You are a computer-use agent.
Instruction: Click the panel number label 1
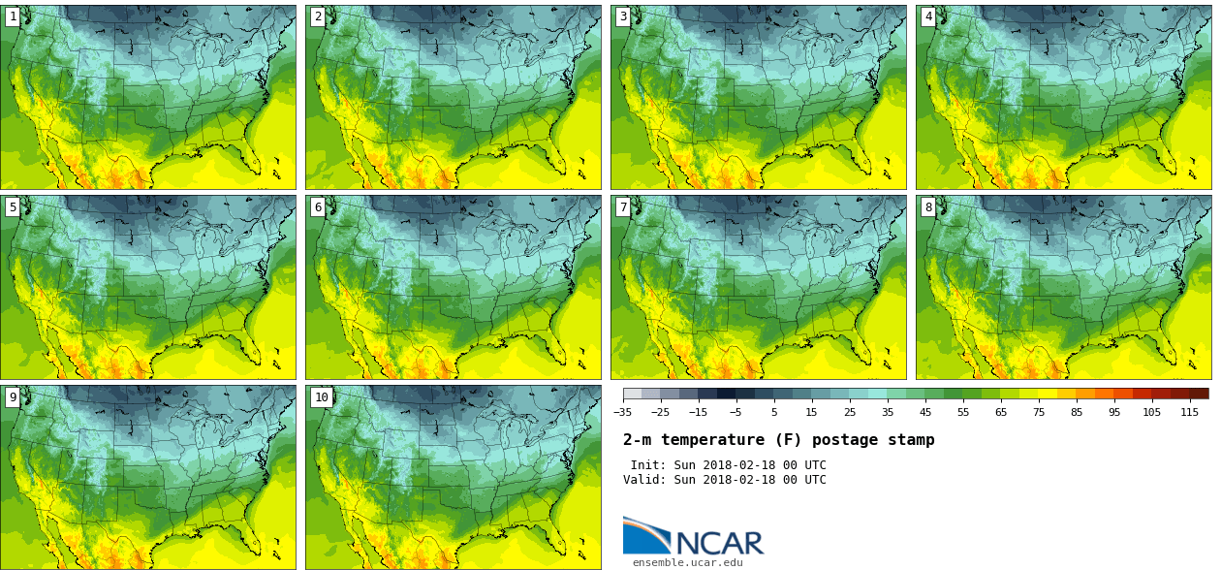pos(13,16)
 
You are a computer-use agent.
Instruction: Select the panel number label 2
pos(318,16)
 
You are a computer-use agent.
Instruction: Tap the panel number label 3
pos(623,16)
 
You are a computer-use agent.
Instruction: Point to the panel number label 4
pos(928,16)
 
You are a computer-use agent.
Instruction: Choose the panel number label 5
pos(13,206)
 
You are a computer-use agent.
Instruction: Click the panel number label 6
pos(318,206)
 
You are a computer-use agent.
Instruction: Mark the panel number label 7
pos(623,206)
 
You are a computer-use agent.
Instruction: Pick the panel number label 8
pos(928,206)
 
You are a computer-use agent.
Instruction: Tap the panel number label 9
pos(13,396)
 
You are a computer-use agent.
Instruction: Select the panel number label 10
pos(321,396)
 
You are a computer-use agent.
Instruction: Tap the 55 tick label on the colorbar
pos(963,412)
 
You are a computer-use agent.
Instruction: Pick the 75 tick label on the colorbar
pos(1039,412)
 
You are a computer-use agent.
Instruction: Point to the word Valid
pos(642,480)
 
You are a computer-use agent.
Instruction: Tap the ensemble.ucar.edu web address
pos(688,562)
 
